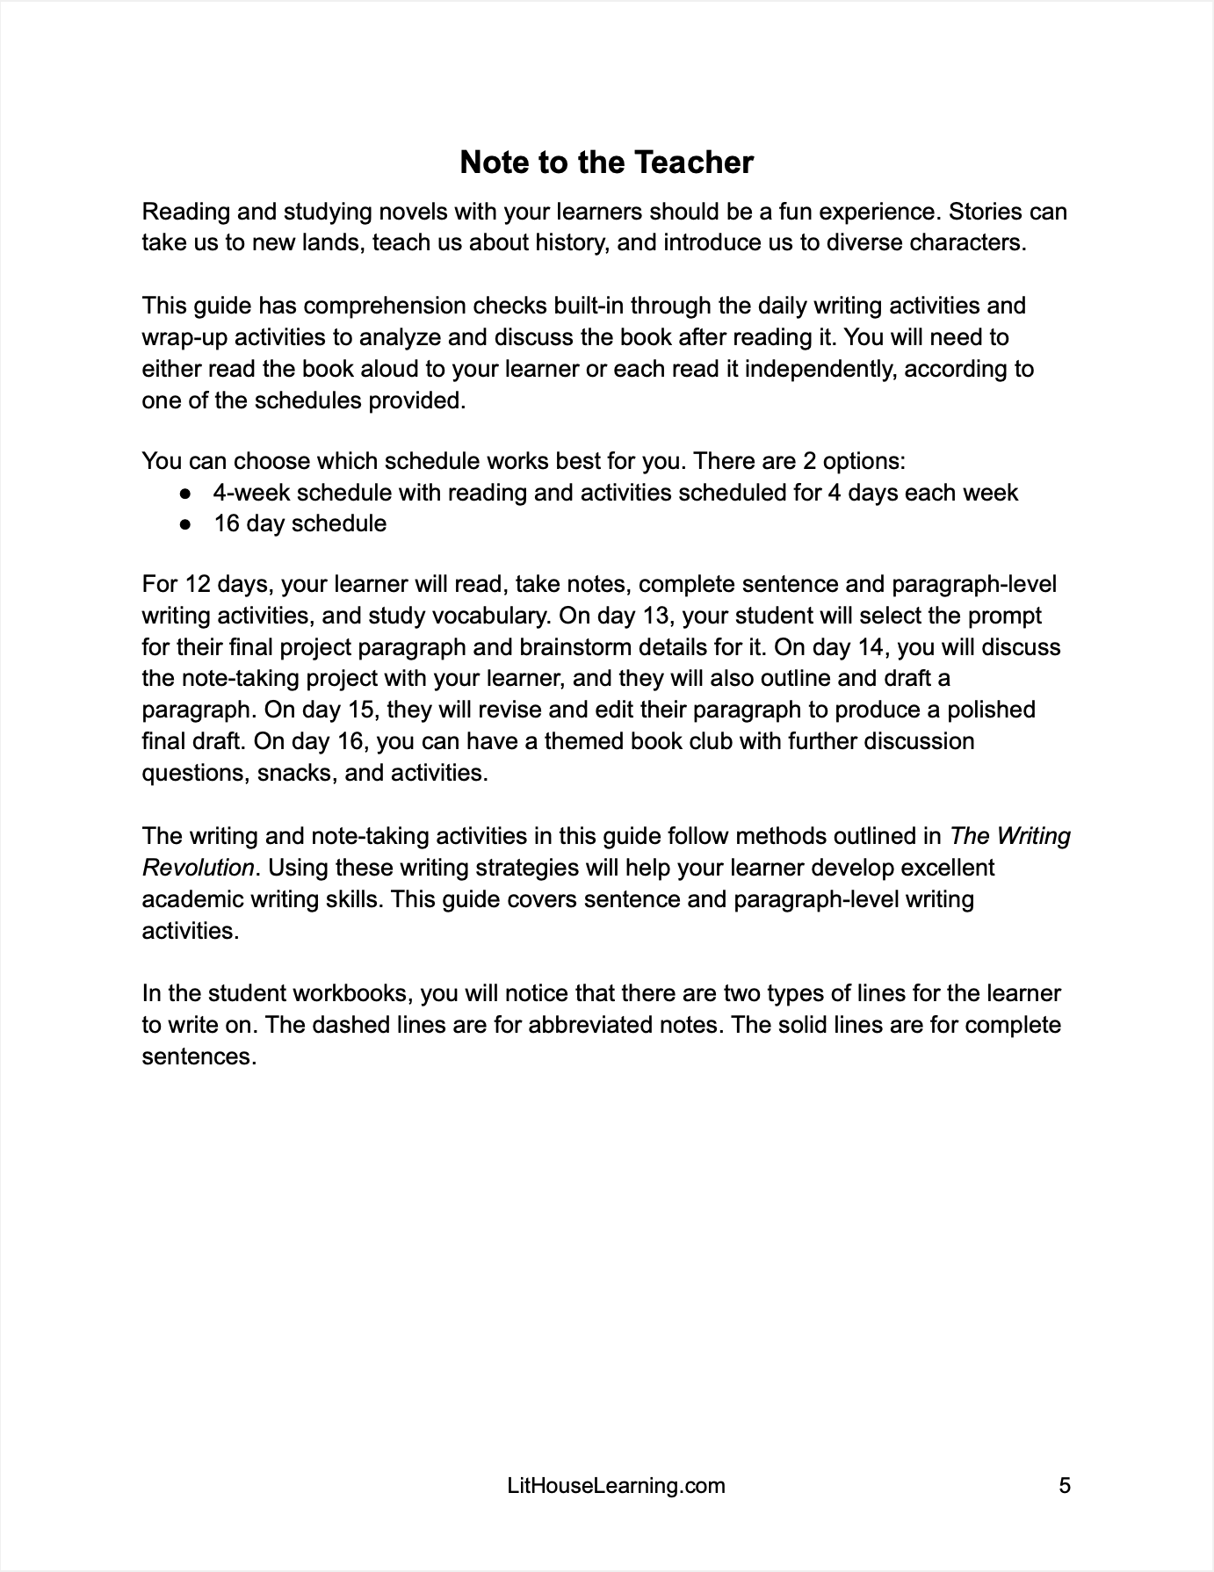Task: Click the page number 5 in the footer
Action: pos(1065,1486)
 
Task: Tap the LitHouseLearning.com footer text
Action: pos(617,1486)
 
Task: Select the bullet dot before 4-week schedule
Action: pos(185,493)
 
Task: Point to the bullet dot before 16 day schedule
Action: pos(185,524)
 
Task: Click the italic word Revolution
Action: pos(198,868)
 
